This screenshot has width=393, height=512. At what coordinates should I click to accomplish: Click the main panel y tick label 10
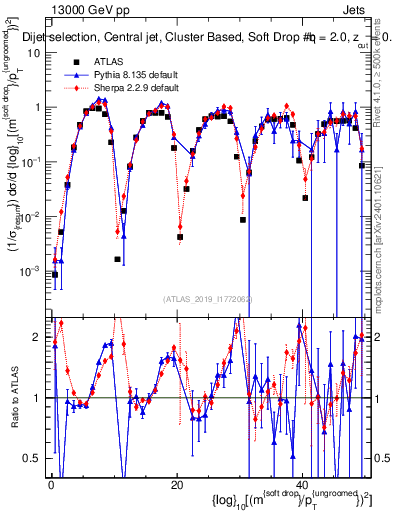point(33,53)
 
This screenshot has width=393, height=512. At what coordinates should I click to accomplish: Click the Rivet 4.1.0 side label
point(385,70)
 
